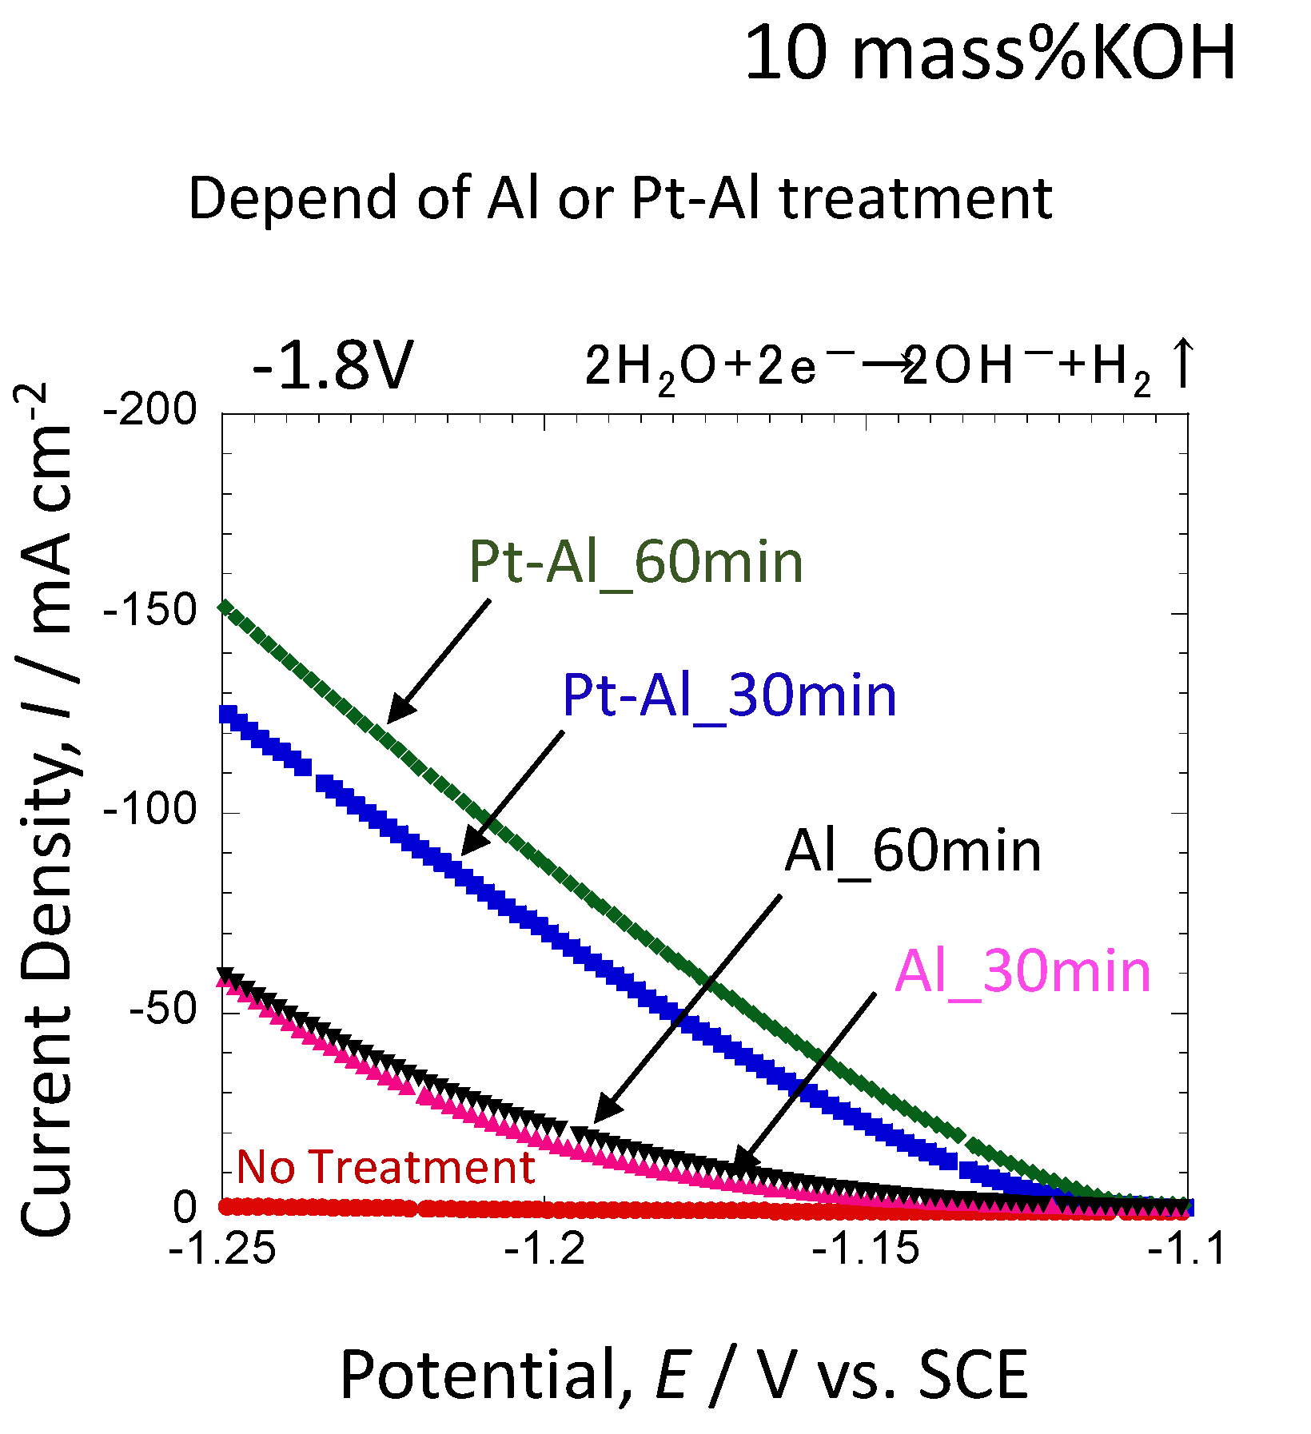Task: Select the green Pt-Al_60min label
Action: tap(636, 562)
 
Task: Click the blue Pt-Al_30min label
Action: tap(729, 695)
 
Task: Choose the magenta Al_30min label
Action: tap(1022, 972)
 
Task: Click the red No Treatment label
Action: tap(386, 1167)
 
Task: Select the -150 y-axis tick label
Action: tap(150, 611)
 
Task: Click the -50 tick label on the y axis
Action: tap(163, 1010)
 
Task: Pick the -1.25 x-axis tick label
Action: tap(223, 1249)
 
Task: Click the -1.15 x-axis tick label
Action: tap(866, 1249)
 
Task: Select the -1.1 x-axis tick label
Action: tap(1186, 1249)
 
